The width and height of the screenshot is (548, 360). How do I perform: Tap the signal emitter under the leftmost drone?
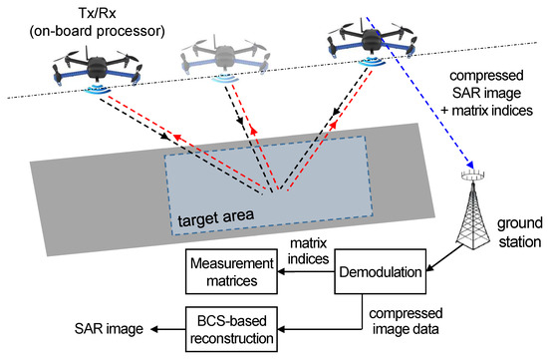pos(96,91)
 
